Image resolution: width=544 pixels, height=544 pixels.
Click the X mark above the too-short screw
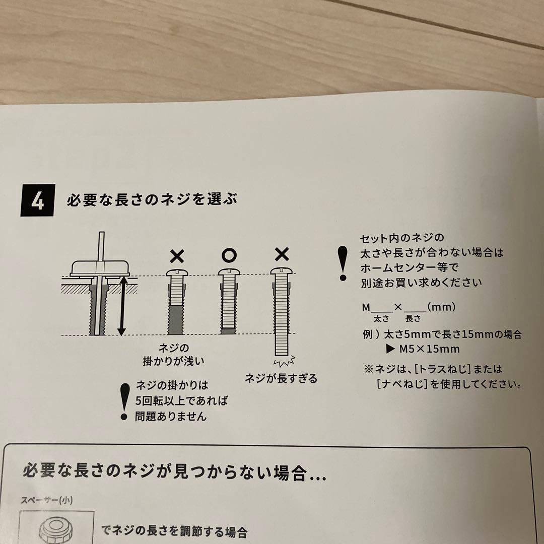[x=176, y=256]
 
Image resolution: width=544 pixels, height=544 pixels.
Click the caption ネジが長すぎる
[x=281, y=378]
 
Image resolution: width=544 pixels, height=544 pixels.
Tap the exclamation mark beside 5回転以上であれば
[x=123, y=401]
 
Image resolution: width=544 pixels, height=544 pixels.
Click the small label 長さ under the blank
[x=413, y=319]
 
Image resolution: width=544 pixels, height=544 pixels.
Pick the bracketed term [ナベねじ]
[x=400, y=384]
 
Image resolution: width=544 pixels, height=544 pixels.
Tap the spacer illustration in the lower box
[x=56, y=529]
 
